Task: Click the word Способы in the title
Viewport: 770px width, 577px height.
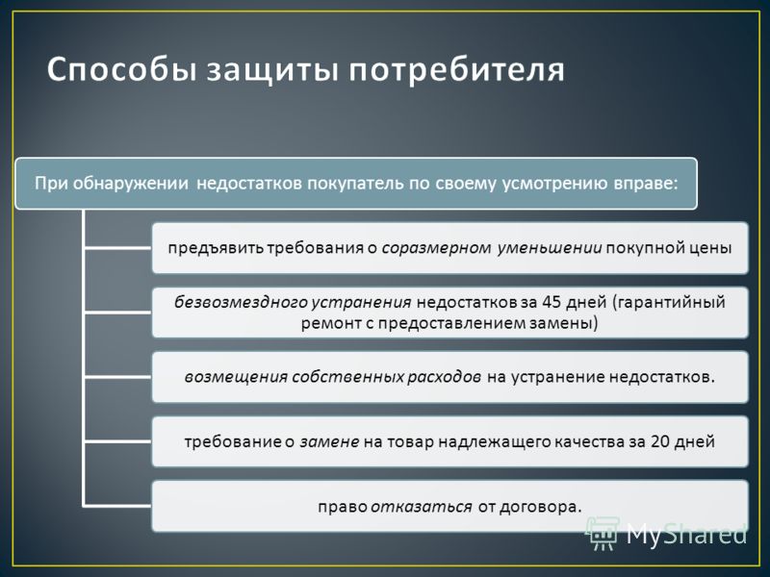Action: point(121,70)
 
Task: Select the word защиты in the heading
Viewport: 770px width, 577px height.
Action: point(271,71)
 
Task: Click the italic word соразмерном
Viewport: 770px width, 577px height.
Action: point(436,248)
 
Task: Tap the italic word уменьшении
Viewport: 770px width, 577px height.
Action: point(550,248)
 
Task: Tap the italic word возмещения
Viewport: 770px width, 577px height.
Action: point(236,377)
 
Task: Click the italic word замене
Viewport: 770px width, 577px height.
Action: point(329,442)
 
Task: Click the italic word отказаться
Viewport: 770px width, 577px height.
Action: point(422,507)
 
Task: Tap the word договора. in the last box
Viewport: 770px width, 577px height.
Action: point(540,507)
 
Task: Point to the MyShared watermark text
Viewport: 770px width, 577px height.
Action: point(686,534)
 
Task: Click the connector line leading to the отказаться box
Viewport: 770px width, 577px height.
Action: point(117,505)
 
